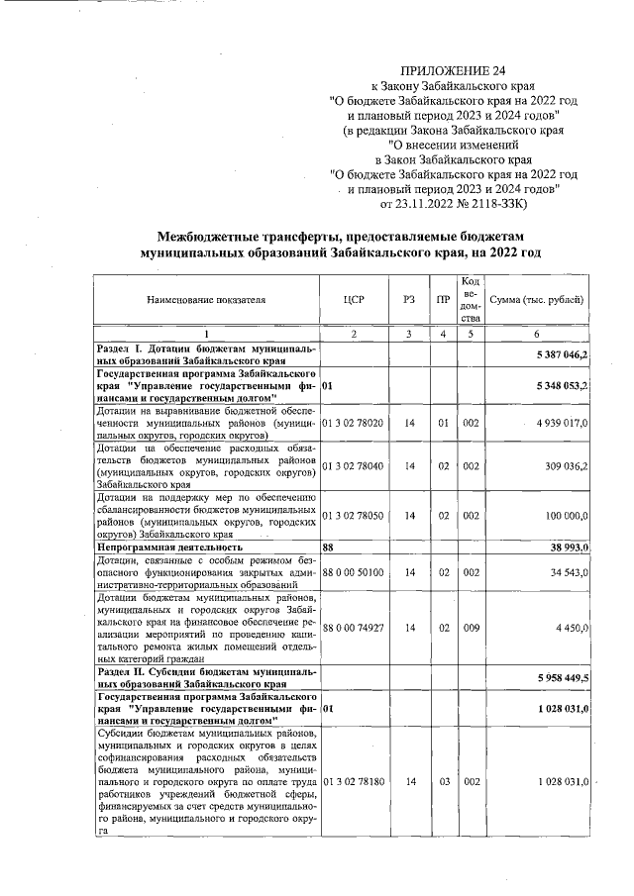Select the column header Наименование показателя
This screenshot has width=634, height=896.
(207, 299)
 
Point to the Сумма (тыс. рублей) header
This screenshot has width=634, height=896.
(537, 299)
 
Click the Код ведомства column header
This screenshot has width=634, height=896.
(471, 299)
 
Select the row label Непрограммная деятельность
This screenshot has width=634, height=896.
(169, 546)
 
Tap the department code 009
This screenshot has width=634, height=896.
(471, 627)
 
